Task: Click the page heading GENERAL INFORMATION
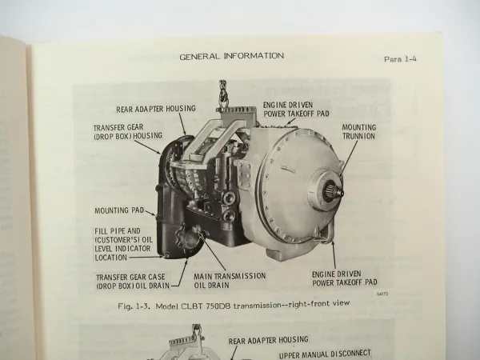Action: point(231,56)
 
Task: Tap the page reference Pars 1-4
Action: point(406,59)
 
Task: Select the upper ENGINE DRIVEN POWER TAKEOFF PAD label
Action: point(296,110)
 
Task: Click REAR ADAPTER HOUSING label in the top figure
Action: point(141,111)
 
